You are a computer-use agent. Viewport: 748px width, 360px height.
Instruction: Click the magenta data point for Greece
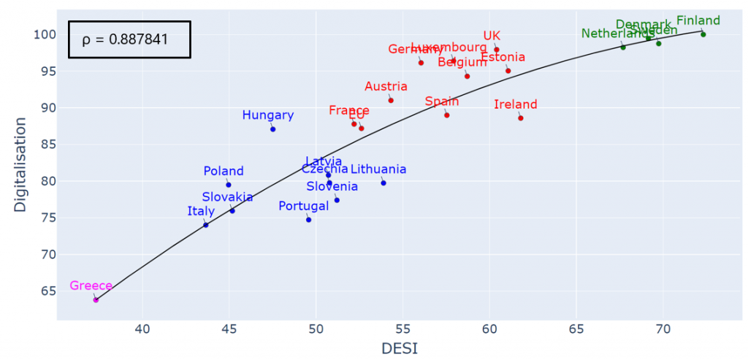[x=96, y=299]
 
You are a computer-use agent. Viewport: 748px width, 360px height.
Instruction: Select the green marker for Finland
[x=703, y=34]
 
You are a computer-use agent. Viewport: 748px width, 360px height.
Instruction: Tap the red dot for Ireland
[x=520, y=118]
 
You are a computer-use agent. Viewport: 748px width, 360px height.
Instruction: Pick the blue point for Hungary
[x=272, y=129]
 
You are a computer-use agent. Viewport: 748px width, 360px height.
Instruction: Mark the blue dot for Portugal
[x=308, y=220]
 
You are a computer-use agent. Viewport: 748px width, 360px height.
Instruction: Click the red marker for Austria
[x=391, y=100]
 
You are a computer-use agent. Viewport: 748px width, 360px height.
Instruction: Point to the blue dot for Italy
[x=206, y=225]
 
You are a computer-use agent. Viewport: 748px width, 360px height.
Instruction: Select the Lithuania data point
[x=383, y=183]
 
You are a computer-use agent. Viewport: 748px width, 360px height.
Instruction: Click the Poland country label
[x=224, y=171]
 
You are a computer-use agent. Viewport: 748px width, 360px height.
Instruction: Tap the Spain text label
[x=442, y=102]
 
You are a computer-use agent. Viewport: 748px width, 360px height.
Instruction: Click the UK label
[x=492, y=36]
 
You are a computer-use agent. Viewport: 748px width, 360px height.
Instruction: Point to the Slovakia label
[x=228, y=197]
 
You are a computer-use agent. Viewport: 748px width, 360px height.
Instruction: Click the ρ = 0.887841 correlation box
[x=129, y=39]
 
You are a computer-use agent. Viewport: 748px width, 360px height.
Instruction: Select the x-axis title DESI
[x=400, y=349]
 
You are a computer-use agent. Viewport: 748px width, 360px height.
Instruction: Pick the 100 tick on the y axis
[x=45, y=34]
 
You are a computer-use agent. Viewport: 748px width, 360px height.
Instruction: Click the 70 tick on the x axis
[x=663, y=329]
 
